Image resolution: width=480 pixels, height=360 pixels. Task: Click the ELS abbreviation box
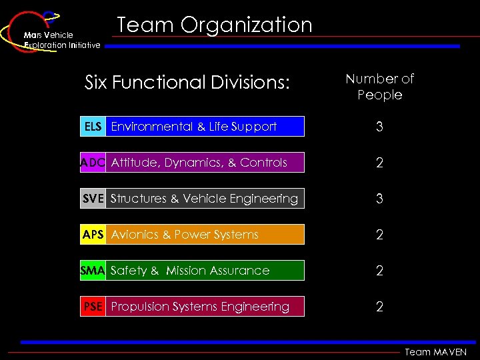point(93,127)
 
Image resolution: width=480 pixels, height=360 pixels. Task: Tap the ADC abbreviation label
point(93,163)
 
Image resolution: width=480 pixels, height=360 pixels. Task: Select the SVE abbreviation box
point(93,199)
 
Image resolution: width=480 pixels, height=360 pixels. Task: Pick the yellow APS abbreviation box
point(93,235)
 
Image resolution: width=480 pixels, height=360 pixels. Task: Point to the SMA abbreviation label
point(93,271)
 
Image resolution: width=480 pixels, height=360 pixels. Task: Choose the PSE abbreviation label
point(93,307)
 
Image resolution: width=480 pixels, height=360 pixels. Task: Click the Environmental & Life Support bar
point(205,127)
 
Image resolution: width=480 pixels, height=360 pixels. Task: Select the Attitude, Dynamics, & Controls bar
point(205,163)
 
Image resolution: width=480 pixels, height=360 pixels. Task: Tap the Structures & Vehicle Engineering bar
point(205,199)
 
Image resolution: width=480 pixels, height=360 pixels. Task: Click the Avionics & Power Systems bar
point(205,235)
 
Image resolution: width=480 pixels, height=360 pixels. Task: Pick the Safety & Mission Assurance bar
point(205,271)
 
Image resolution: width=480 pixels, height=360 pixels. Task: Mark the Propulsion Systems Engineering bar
point(205,307)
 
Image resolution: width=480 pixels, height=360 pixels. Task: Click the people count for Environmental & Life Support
point(379,127)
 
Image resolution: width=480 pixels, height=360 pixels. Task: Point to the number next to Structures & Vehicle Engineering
point(379,199)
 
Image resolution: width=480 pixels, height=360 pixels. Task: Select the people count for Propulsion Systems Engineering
point(379,307)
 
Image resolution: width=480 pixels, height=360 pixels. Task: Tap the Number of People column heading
point(379,87)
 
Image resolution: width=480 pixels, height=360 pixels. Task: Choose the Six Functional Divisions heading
point(187,83)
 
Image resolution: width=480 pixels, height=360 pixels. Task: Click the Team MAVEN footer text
point(436,352)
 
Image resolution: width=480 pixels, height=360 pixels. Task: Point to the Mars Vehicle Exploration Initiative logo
point(50,32)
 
